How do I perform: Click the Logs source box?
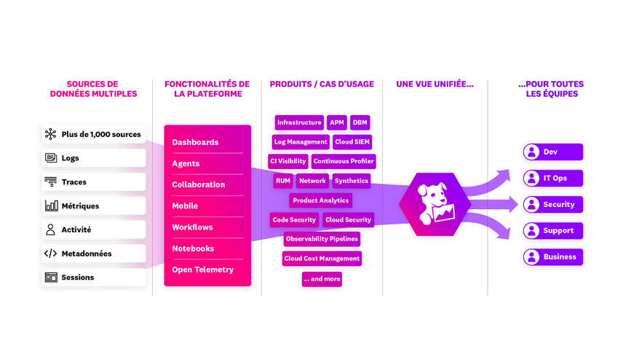point(93,157)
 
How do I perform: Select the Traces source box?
point(93,181)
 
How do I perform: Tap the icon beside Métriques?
point(51,206)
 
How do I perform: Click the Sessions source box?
point(93,278)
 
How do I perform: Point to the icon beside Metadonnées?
point(51,254)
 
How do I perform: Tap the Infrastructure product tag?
point(298,122)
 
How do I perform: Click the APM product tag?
point(336,122)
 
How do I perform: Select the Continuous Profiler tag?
point(344,161)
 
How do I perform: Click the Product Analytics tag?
point(320,200)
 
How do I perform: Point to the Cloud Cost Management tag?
point(322,258)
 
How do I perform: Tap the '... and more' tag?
point(322,278)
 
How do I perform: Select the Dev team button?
point(553,152)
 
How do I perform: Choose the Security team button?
point(553,205)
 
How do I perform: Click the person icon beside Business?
point(532,257)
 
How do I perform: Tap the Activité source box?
point(93,230)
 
